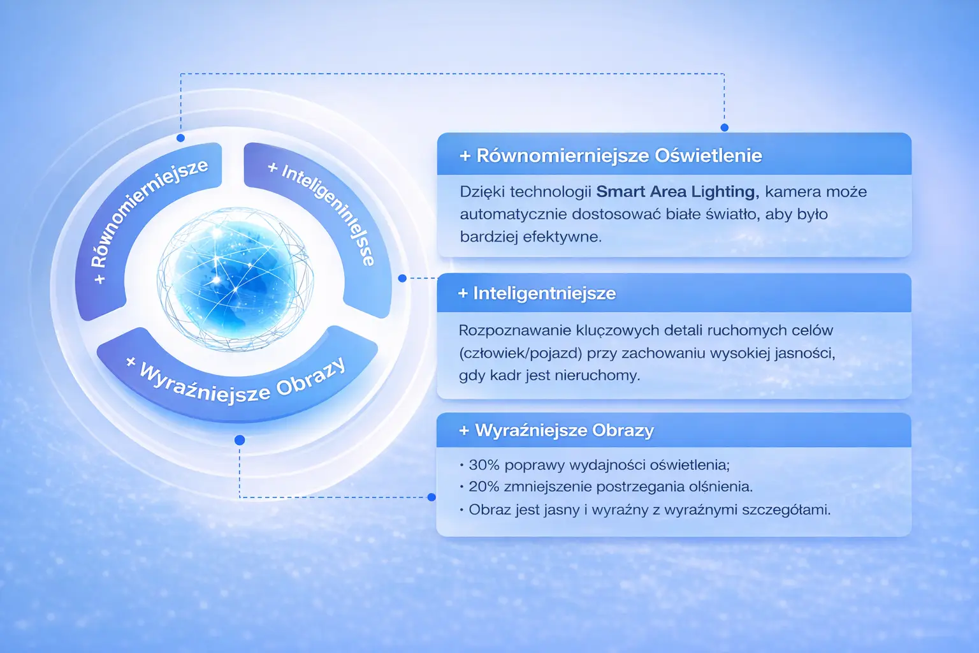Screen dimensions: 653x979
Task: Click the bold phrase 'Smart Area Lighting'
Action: point(676,191)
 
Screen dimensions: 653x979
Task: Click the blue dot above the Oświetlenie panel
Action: point(724,128)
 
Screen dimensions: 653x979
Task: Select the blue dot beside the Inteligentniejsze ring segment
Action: point(402,278)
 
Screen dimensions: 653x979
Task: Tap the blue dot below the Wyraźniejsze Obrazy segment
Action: point(240,440)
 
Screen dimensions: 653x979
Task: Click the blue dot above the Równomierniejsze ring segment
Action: point(180,138)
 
